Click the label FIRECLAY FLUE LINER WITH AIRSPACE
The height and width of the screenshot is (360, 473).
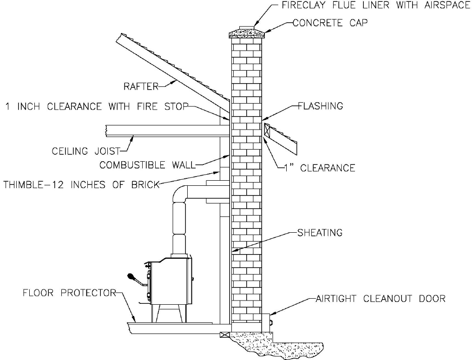click(376, 6)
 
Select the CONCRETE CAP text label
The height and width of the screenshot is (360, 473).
click(330, 23)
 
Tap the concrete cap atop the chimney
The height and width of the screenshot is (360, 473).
click(246, 33)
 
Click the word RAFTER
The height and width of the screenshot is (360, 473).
click(141, 86)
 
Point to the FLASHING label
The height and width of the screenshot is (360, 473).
click(321, 106)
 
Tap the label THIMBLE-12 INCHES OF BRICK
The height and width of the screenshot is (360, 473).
click(81, 184)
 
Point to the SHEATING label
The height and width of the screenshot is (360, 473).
click(320, 232)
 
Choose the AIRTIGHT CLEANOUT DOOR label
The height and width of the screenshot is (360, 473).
click(380, 298)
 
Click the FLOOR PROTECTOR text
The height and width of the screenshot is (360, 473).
click(69, 293)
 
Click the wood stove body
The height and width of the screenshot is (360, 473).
click(170, 281)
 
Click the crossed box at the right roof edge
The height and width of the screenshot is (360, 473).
click(268, 130)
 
